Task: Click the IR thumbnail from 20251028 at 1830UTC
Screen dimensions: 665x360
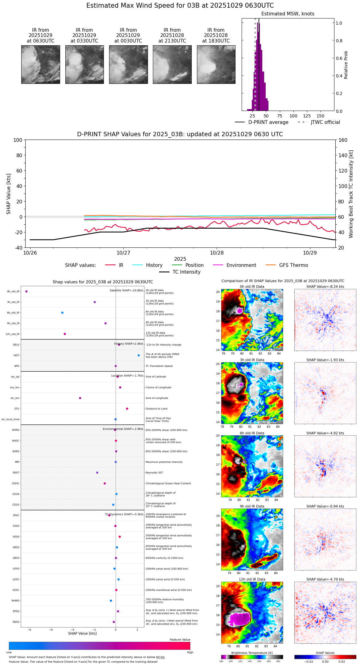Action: (x=216, y=64)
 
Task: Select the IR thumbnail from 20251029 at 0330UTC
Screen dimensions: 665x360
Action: (x=84, y=64)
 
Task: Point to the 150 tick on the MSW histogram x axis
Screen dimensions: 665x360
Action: (x=321, y=116)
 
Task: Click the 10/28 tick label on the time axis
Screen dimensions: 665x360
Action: (x=217, y=253)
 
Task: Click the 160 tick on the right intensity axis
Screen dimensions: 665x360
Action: (x=343, y=140)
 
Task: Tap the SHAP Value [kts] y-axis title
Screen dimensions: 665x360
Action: (x=9, y=194)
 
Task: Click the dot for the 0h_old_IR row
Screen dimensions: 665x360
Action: (x=27, y=291)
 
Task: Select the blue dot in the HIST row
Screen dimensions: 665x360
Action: (x=139, y=355)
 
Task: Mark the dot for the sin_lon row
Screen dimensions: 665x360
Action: (x=80, y=398)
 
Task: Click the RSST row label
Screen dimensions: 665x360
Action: (x=16, y=473)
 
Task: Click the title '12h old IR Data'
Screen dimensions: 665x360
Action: (x=252, y=579)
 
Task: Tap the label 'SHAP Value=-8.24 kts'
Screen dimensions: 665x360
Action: (x=325, y=287)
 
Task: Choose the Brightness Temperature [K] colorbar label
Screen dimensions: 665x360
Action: (x=252, y=653)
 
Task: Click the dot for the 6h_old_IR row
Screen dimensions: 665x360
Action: (x=62, y=313)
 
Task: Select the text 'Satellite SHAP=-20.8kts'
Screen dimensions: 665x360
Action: (x=126, y=291)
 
